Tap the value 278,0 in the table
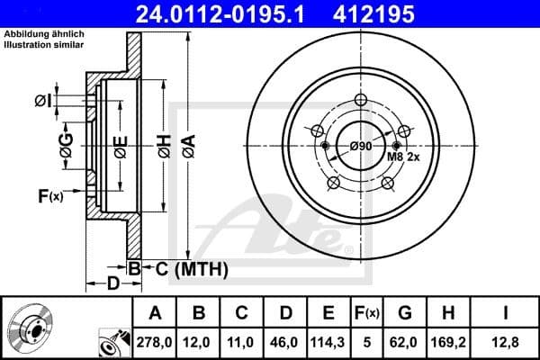coord(155,343)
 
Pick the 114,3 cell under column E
coord(328,343)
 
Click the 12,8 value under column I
coord(505,343)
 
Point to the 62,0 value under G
coord(405,343)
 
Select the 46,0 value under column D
coord(285,343)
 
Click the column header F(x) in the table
coord(367,313)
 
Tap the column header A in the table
coord(155,313)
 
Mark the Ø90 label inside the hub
coord(361,147)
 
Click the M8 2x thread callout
coord(402,157)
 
